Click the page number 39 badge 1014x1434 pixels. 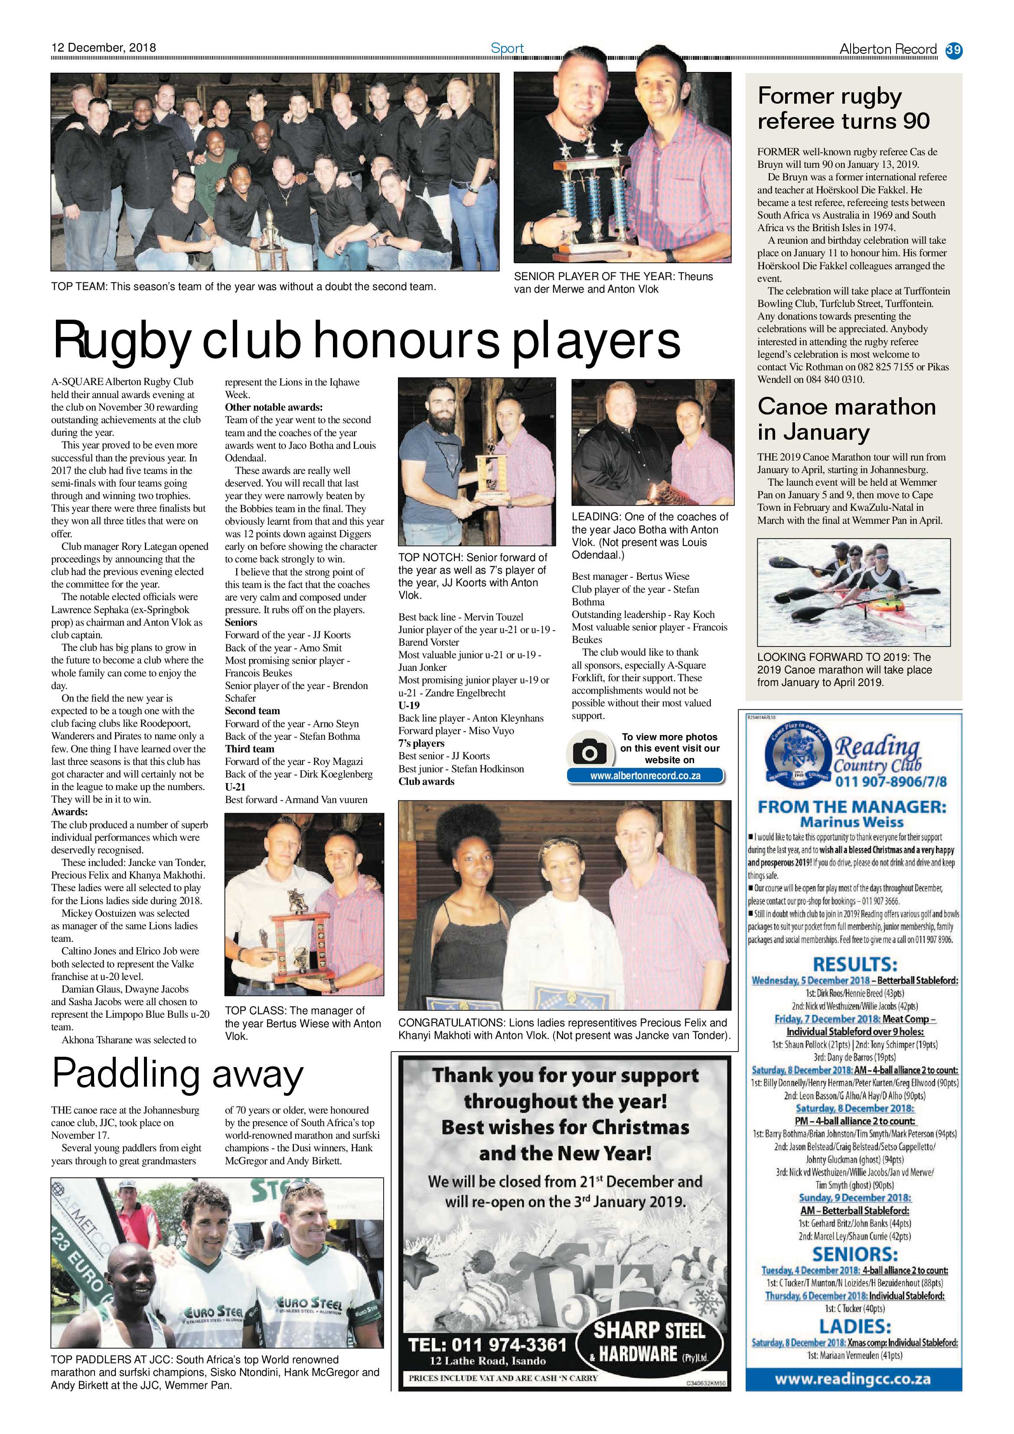click(953, 49)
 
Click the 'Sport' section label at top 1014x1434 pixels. click(507, 48)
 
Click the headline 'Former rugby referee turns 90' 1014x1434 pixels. click(844, 108)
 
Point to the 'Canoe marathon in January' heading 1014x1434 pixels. click(846, 418)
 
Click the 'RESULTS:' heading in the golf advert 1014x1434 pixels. click(855, 964)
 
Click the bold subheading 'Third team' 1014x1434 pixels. click(250, 749)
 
